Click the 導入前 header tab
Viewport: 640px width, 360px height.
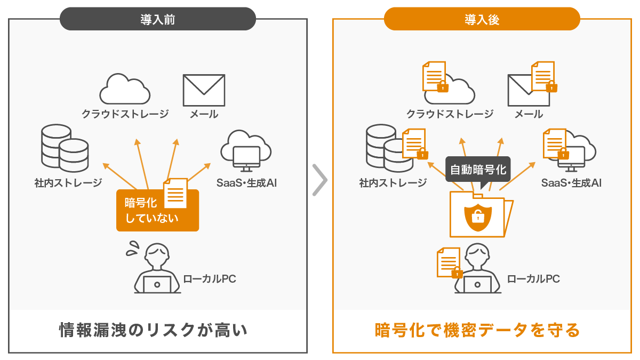pos(158,19)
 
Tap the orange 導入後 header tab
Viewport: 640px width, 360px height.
pos(482,19)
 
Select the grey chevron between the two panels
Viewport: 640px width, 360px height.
pos(319,180)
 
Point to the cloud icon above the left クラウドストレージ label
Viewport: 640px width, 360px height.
pos(124,89)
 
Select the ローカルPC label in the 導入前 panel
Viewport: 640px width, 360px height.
pos(209,278)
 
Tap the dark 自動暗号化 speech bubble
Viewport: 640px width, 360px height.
pos(478,170)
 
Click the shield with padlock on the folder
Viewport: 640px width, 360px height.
pos(477,215)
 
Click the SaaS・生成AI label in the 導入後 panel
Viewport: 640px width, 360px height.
pos(571,183)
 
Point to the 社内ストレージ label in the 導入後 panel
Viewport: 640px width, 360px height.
pos(393,183)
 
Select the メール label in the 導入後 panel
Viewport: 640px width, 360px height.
pos(529,114)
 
